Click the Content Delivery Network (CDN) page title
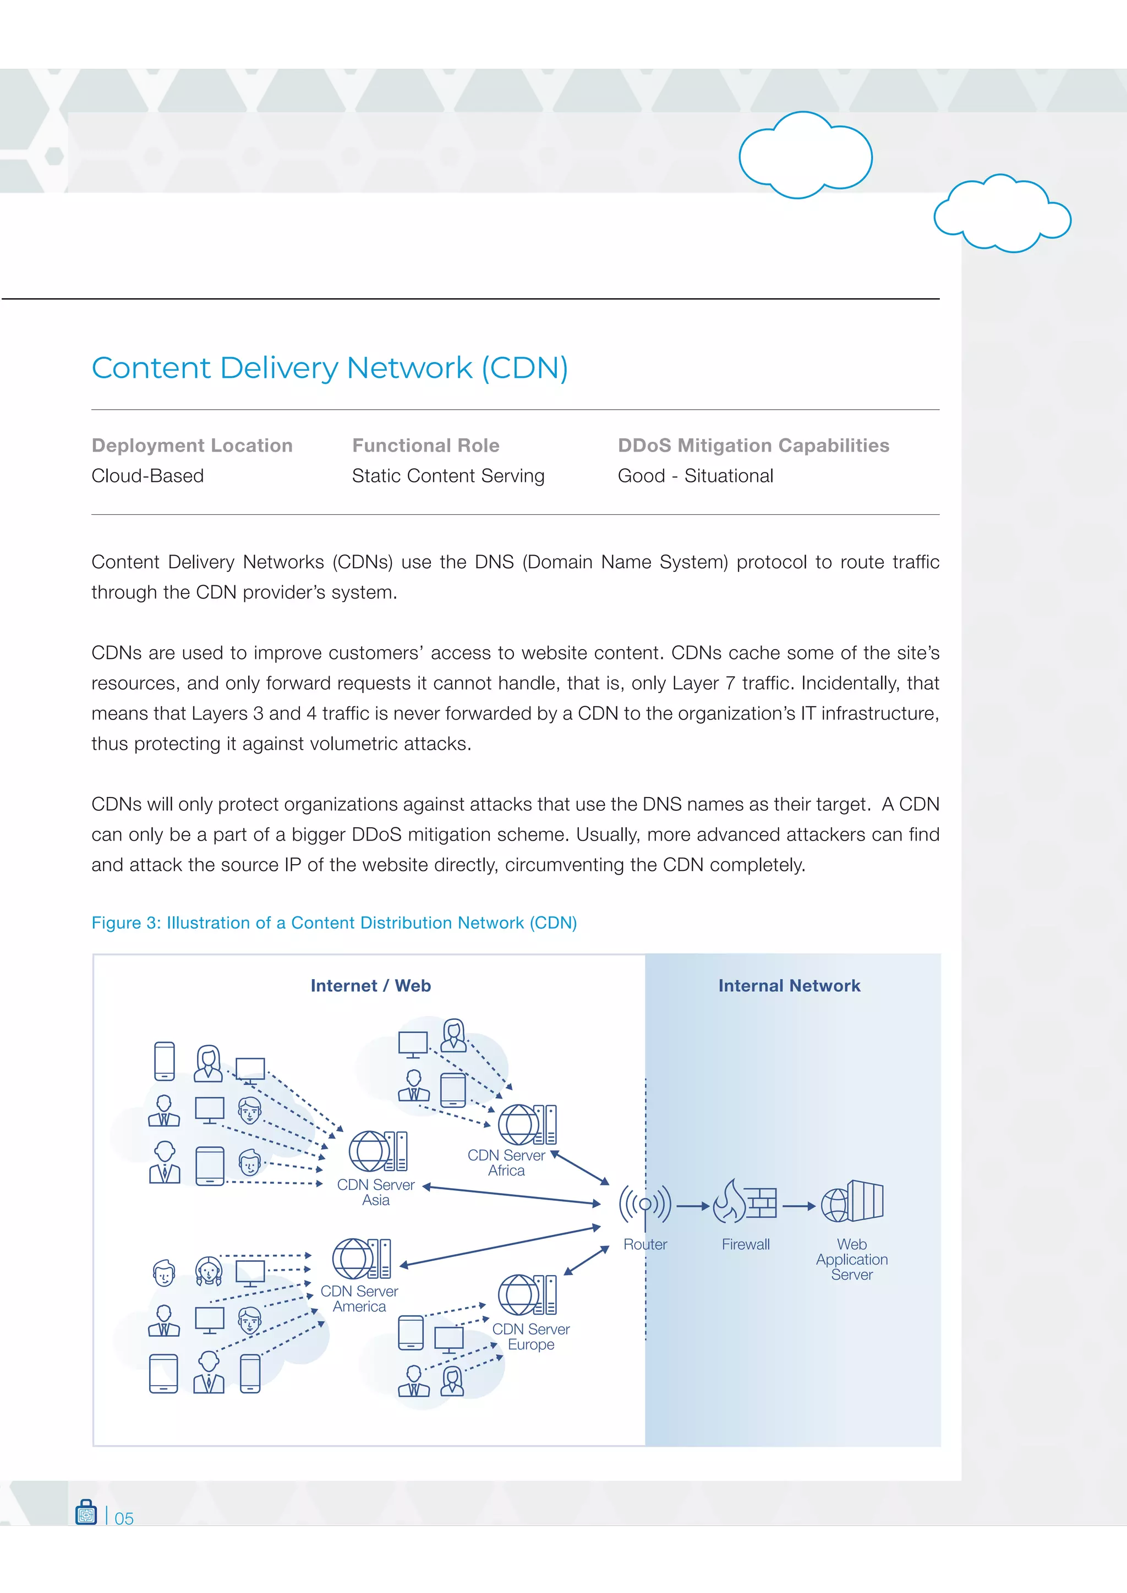(330, 368)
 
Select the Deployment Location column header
(192, 446)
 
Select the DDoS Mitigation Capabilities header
(753, 446)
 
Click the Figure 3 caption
(334, 923)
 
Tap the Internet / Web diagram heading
(370, 986)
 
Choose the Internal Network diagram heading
(789, 986)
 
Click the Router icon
(645, 1204)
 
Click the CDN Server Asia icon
(378, 1151)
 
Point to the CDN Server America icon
(362, 1259)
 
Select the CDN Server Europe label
(531, 1336)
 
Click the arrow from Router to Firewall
(693, 1206)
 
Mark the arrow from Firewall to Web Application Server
(799, 1206)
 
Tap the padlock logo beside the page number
(86, 1513)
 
